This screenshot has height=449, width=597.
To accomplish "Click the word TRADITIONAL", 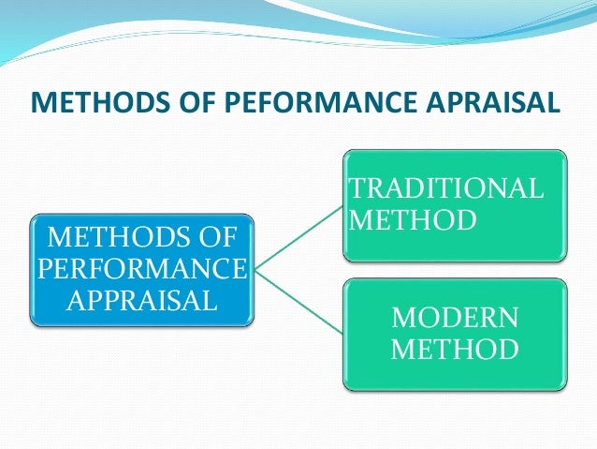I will pyautogui.click(x=444, y=187).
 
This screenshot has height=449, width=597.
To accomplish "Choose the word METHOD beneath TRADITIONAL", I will pyautogui.click(x=411, y=220).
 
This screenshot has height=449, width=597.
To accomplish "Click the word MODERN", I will pyautogui.click(x=454, y=317).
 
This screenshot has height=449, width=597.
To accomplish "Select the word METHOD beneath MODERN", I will pyautogui.click(x=454, y=350).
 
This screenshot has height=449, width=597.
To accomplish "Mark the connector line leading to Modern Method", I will pyautogui.click(x=298, y=303).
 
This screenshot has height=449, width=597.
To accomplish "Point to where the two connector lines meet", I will pyautogui.click(x=254, y=271).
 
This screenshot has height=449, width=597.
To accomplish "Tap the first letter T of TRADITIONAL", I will pyautogui.click(x=356, y=187).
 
